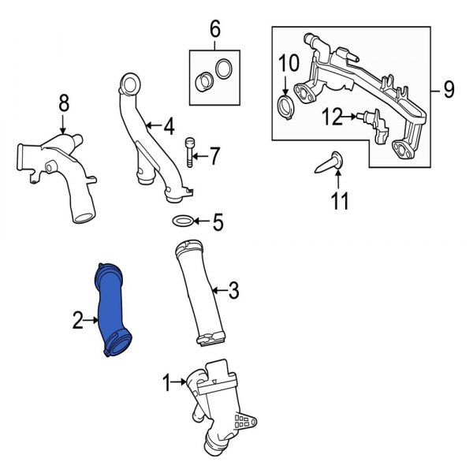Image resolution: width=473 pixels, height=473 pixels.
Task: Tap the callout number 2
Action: [77, 320]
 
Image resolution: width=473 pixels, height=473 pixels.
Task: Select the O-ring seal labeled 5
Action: [183, 221]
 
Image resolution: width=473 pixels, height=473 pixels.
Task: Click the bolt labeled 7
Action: [189, 152]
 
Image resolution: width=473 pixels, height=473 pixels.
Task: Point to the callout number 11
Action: [340, 200]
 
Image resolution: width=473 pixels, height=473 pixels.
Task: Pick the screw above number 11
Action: [329, 162]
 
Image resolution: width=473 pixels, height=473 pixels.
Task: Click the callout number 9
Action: [449, 90]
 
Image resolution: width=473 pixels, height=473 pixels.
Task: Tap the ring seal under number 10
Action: [285, 108]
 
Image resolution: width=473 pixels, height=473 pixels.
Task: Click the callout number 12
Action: [333, 117]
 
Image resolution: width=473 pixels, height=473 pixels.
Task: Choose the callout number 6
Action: [214, 29]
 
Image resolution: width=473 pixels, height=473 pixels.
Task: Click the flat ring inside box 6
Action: [224, 69]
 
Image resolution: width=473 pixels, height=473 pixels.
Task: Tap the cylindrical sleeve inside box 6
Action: [204, 81]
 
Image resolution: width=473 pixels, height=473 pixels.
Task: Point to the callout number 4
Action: [169, 127]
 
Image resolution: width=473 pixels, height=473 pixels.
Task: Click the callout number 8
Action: [64, 103]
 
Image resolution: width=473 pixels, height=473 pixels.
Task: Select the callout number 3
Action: [233, 290]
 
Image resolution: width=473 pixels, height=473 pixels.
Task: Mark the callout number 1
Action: [166, 382]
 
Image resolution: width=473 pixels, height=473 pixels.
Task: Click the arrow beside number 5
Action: [201, 222]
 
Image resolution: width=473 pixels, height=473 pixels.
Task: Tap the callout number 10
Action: [289, 63]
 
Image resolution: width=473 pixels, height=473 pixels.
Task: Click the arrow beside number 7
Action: [200, 156]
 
